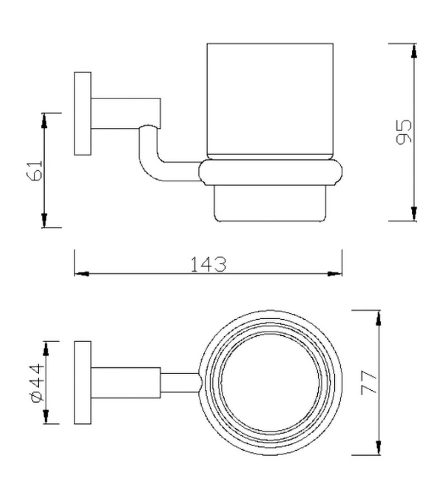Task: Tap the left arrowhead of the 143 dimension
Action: coord(82,274)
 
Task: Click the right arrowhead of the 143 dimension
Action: coord(335,274)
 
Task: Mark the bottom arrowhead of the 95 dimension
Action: coord(413,214)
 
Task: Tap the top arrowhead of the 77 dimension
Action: coord(380,316)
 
